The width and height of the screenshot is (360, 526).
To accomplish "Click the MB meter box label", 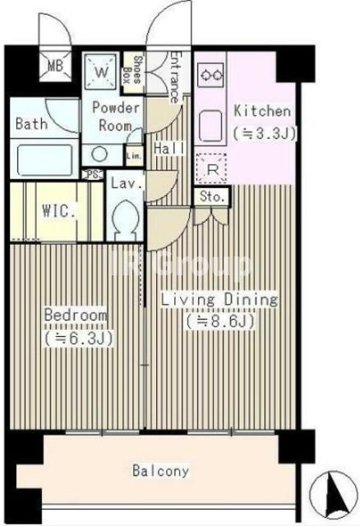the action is coord(55,66).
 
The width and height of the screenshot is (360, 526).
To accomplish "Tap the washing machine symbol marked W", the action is coord(100,72).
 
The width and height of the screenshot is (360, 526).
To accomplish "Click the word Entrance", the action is coord(174,76).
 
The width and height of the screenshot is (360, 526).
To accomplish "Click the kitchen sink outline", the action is coord(210,126).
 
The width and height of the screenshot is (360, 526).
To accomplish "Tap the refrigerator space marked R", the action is coord(211,168).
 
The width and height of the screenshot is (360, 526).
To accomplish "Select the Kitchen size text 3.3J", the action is coord(265,133).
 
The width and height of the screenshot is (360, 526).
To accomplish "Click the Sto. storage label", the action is coord(212,196).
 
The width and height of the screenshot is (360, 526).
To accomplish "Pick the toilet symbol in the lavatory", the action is coord(125,220).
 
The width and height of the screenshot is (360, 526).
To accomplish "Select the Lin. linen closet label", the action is coord(134,156).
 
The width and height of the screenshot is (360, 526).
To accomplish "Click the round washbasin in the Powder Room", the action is coord(100,154).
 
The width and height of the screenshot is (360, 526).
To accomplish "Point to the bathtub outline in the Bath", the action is coord(45,159).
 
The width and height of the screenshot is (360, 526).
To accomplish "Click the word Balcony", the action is coord(161,470).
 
